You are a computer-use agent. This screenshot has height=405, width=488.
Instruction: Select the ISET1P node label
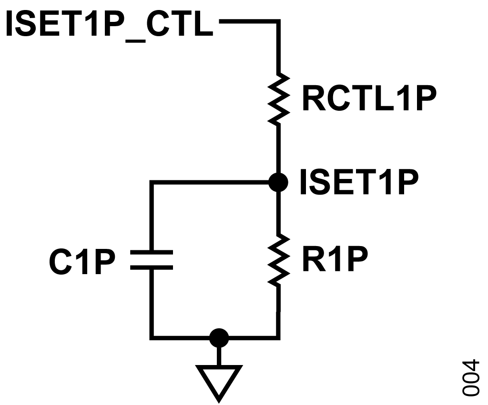(359, 182)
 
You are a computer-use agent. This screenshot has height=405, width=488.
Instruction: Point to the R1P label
(335, 259)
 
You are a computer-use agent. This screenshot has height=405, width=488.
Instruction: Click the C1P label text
(82, 262)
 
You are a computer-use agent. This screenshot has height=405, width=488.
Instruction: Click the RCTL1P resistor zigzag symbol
(278, 99)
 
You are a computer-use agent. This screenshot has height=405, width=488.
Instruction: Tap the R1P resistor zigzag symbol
(278, 259)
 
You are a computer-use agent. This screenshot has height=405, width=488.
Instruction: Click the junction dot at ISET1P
(278, 182)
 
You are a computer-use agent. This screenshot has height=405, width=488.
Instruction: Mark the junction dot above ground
(219, 338)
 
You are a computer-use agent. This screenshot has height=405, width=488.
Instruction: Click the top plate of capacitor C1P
(151, 252)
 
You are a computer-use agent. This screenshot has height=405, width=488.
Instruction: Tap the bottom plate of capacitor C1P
(151, 267)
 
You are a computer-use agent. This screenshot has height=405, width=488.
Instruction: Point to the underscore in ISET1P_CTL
(136, 41)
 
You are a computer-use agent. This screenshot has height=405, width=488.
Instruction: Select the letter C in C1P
(61, 262)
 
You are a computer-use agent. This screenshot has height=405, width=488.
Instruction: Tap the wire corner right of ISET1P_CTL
(278, 21)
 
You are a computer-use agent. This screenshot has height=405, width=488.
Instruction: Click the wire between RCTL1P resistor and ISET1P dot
(278, 149)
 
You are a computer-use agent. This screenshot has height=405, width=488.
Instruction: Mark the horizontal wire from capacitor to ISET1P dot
(211, 182)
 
